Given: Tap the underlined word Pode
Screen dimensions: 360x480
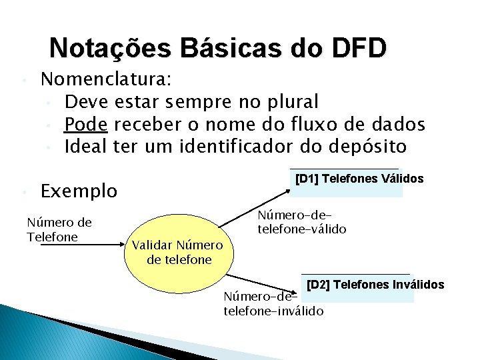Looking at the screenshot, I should [87, 124].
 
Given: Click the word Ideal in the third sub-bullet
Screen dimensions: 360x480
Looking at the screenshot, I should [86, 145].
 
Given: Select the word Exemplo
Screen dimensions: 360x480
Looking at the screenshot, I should [79, 191].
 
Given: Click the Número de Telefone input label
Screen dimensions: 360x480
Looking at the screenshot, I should [59, 230].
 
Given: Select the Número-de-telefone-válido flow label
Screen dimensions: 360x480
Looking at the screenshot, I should [301, 222].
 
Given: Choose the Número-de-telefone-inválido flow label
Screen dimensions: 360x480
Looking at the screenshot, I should [273, 304].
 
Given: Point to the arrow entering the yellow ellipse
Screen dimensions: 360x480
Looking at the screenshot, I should [100, 245].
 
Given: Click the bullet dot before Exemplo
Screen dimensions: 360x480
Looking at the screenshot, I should [23, 193].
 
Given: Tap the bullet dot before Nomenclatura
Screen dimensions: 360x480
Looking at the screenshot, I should [23, 81].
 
